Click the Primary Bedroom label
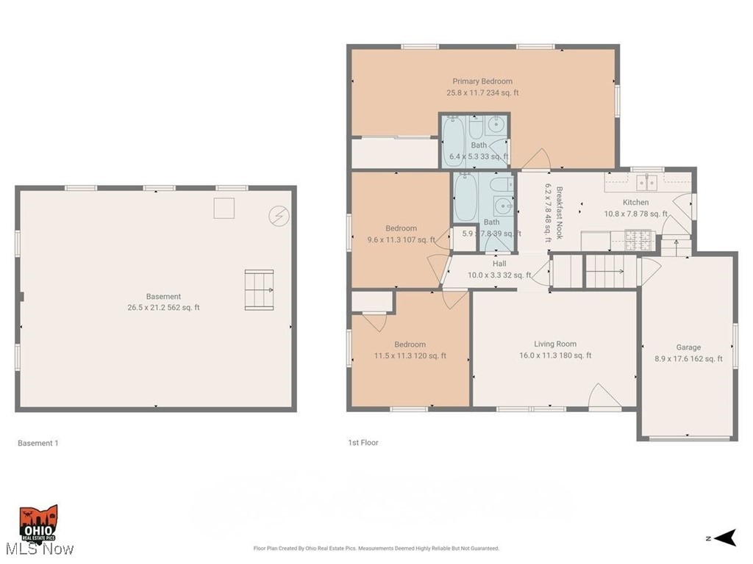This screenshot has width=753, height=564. point(482,82)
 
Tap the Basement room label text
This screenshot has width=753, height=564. point(163,297)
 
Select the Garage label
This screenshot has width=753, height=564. point(688,347)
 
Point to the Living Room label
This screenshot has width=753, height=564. point(554,344)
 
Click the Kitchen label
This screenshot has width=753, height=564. point(636,202)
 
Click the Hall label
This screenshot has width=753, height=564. point(499,264)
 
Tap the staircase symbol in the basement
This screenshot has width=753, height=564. point(259,289)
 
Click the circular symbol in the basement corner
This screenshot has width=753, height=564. point(279,216)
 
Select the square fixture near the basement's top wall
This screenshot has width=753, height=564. point(224,208)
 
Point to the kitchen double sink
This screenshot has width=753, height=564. point(647,181)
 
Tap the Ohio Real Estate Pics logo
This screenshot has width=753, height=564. point(38,522)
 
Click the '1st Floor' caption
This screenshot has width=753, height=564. point(363,443)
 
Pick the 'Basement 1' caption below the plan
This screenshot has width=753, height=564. point(35,443)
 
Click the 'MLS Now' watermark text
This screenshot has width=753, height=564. point(38,549)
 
